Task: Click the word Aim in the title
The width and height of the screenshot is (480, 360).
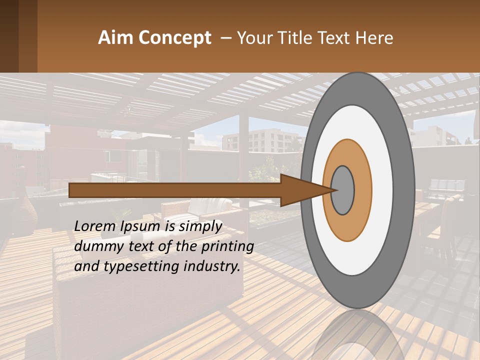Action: point(115,38)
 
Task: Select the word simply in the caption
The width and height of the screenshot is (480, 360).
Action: point(199,226)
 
